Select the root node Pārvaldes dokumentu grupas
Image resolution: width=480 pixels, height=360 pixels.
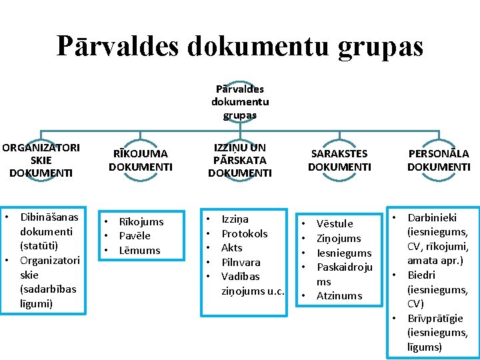240,102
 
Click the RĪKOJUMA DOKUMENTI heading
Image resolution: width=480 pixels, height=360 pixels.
140,160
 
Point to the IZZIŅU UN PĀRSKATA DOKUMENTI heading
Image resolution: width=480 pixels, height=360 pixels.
240,160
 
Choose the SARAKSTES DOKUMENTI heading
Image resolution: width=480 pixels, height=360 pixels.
339,160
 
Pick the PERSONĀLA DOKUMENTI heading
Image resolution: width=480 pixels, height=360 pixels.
439,160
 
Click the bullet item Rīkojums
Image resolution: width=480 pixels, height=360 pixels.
141,221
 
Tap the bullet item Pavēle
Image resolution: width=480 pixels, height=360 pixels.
135,236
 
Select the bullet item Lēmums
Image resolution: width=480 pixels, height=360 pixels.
139,250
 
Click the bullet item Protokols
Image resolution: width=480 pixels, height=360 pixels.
245,233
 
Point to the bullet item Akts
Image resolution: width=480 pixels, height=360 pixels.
232,247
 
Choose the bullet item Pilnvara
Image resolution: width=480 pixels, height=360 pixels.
241,262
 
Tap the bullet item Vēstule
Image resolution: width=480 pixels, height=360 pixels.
335,223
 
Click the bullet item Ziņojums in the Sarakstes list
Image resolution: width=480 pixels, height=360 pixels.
339,238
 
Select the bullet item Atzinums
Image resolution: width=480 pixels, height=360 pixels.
339,295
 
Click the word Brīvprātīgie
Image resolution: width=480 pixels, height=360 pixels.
435,318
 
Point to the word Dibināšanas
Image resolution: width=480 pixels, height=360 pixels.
49,217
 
